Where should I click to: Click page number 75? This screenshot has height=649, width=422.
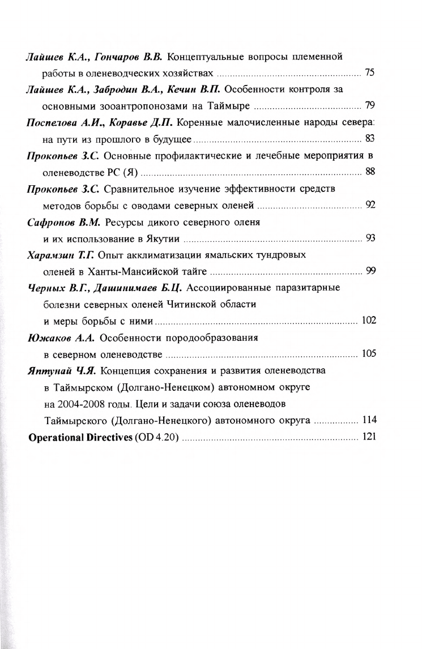click(370, 72)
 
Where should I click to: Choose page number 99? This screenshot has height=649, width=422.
click(370, 270)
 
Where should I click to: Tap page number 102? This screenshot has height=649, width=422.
click(368, 321)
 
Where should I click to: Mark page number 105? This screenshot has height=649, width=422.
click(368, 354)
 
